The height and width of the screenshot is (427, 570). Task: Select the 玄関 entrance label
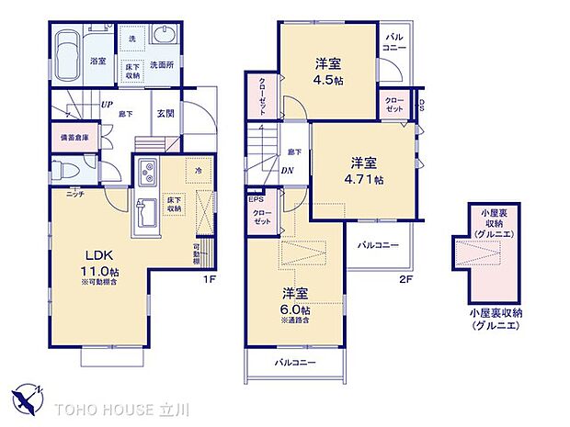point(165,113)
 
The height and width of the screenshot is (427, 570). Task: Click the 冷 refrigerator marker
point(199,169)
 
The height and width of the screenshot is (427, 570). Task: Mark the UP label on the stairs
point(107,104)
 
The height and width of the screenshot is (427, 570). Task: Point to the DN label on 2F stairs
point(289,171)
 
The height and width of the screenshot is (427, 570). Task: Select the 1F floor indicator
point(211,278)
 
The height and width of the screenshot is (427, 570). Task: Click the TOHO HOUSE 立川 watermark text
point(124,406)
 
